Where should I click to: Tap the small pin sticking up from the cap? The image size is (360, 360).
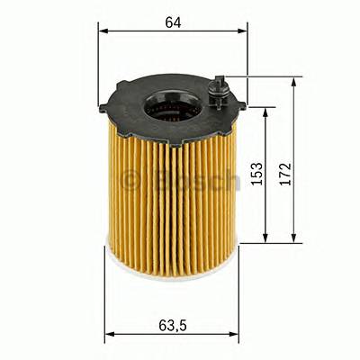tap(218, 87)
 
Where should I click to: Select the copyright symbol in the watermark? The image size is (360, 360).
tap(130, 180)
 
